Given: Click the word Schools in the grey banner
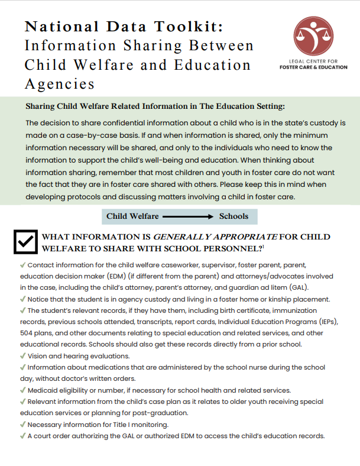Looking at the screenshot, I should (233, 216).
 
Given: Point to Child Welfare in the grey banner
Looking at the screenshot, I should (132, 216).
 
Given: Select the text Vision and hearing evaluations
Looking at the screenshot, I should (79, 356).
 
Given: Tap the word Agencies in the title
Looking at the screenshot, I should (59, 83).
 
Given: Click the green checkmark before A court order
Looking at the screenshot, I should (22, 436).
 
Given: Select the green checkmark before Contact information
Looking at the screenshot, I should (22, 265).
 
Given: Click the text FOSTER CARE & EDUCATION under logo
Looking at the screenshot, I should (313, 67).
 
